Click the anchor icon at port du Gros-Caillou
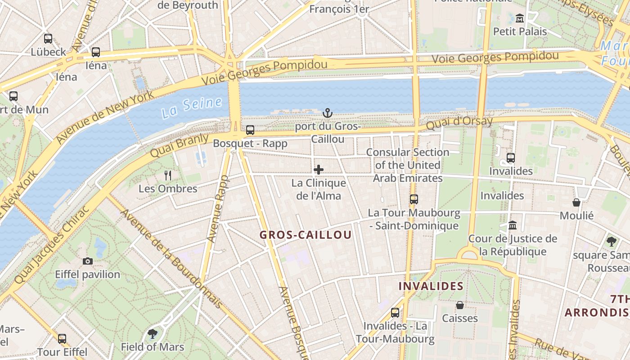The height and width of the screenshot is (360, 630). pyautogui.click(x=328, y=112)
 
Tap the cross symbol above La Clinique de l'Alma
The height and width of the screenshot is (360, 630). pyautogui.click(x=319, y=170)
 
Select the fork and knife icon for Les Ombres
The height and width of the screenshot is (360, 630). pyautogui.click(x=168, y=175)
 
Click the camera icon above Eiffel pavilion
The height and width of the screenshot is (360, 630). pyautogui.click(x=88, y=261)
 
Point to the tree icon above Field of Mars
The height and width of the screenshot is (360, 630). pyautogui.click(x=153, y=333)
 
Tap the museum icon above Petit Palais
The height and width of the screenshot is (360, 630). pyautogui.click(x=520, y=18)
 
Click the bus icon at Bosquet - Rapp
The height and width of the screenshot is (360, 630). pyautogui.click(x=250, y=130)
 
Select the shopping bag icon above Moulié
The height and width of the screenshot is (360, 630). pyautogui.click(x=576, y=202)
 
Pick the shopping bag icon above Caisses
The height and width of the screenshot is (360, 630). pyautogui.click(x=460, y=305)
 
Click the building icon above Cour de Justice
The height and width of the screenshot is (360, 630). pyautogui.click(x=512, y=225)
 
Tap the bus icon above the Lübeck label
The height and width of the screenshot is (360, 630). pyautogui.click(x=48, y=39)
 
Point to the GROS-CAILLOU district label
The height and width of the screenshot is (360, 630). pyautogui.click(x=306, y=235)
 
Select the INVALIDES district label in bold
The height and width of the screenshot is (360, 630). pyautogui.click(x=431, y=286)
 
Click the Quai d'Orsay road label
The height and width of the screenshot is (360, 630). pyautogui.click(x=459, y=123)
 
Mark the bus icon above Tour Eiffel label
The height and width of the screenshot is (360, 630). pyautogui.click(x=62, y=338)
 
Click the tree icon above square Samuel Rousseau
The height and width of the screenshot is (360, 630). pyautogui.click(x=611, y=242)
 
